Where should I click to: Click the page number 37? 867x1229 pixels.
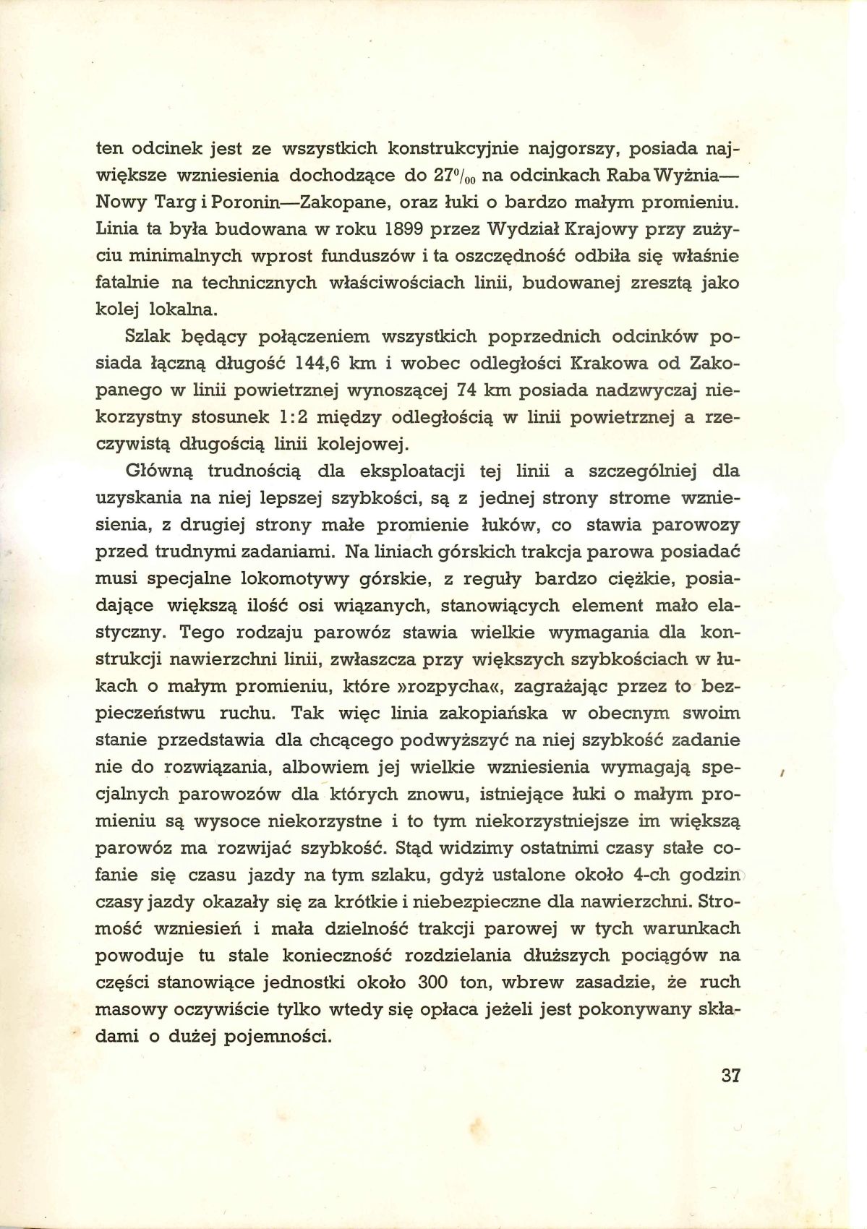(x=731, y=1095)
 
